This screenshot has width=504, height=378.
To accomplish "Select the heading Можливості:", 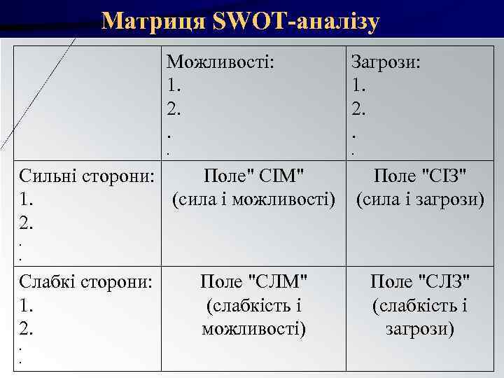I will tap(220, 62).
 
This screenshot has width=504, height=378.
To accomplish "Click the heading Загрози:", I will tap(386, 62).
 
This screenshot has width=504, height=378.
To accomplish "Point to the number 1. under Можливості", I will tap(174, 85).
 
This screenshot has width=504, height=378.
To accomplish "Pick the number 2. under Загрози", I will tap(359, 109).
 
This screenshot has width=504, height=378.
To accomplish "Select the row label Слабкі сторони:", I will tap(86, 282).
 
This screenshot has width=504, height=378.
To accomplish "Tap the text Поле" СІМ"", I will tap(254, 175).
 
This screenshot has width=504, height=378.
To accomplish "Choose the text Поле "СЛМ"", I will tap(254, 282).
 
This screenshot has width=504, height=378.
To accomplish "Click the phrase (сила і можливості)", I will tap(254, 199).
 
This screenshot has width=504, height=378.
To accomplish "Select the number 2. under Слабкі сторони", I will tap(27, 328).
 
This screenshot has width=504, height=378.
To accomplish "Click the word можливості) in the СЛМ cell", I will tap(254, 328).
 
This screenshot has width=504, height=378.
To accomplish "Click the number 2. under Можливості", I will tap(174, 109).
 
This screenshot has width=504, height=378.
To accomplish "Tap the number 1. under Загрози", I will tap(359, 85).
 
